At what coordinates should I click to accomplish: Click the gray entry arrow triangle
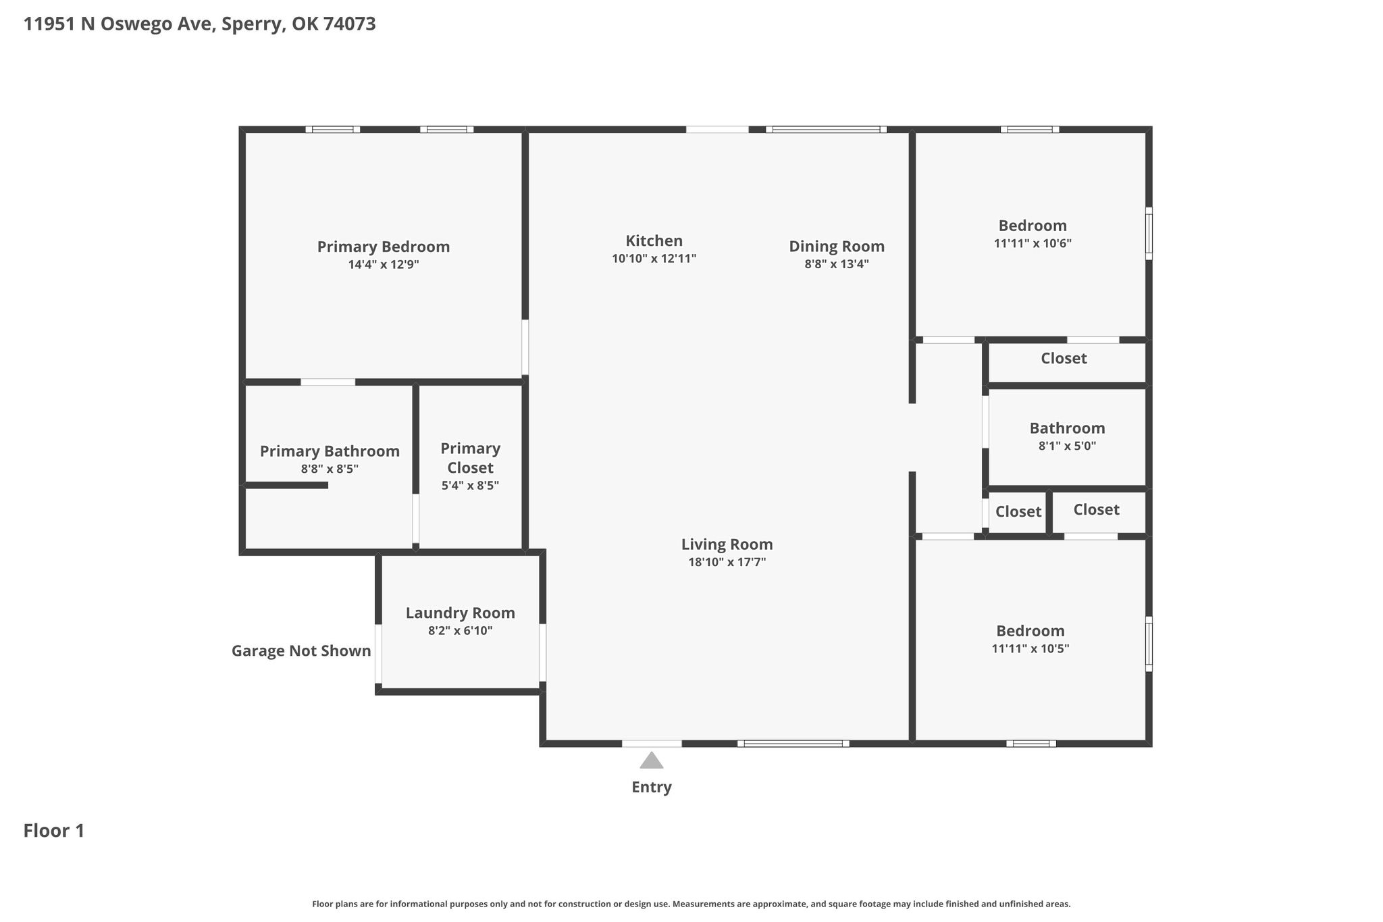(652, 761)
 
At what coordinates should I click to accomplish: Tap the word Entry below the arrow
(652, 788)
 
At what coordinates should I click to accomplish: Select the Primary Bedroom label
(384, 247)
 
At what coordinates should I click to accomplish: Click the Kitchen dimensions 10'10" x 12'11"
(654, 259)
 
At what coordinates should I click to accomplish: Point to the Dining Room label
(837, 247)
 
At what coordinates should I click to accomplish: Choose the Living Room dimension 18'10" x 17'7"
(727, 562)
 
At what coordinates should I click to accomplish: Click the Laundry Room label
(461, 613)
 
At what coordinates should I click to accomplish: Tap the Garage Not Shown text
(301, 651)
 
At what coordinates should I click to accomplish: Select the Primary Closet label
(471, 458)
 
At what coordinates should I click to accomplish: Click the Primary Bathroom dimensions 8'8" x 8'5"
(330, 469)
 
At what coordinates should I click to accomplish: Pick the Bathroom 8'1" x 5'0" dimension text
(1067, 446)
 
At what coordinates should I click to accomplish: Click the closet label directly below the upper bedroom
(1064, 359)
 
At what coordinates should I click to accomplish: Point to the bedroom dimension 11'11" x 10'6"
(1033, 243)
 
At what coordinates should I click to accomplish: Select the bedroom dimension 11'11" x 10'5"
(1030, 648)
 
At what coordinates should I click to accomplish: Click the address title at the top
(200, 24)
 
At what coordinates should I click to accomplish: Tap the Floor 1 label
(54, 831)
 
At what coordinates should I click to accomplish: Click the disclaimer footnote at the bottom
(691, 904)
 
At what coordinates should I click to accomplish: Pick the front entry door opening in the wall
(652, 744)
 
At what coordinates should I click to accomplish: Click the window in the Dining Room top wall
(827, 129)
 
